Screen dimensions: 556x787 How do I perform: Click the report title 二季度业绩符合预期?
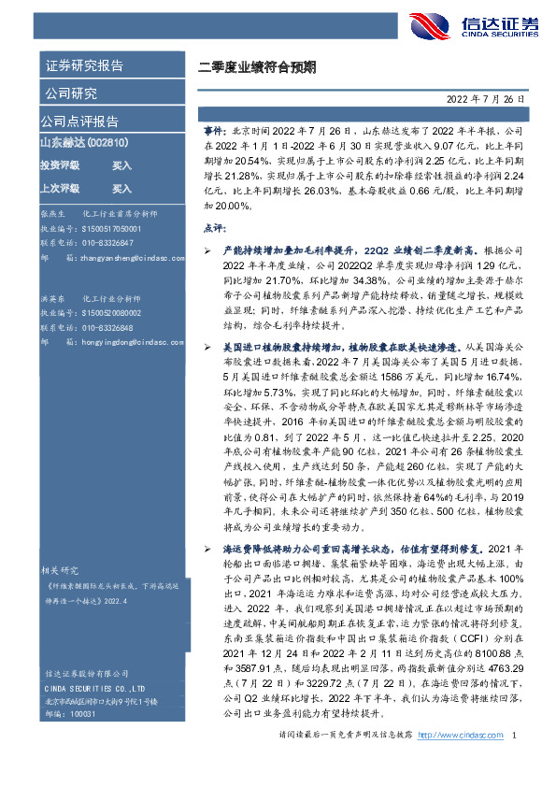point(256,67)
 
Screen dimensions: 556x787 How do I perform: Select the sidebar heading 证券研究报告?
point(85,65)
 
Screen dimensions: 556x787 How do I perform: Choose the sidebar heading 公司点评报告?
point(79,121)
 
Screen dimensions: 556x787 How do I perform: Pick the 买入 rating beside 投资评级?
point(121,165)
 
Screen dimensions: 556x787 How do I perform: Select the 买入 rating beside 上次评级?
point(121,187)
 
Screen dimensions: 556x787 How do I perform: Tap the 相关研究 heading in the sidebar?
point(64,569)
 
